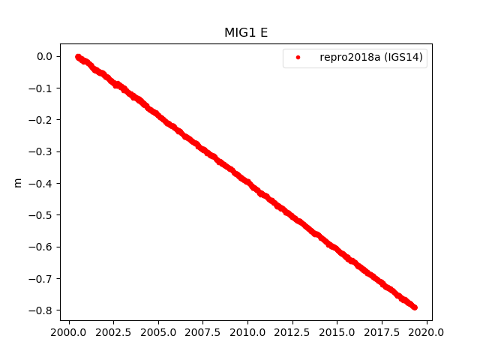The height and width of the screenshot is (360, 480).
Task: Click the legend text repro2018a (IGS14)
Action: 373,57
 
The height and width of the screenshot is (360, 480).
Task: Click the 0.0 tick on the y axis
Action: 43,56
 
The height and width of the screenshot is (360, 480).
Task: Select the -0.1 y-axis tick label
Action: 41,88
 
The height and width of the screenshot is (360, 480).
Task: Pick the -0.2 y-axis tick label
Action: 41,120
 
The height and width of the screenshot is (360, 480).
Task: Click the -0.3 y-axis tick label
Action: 41,151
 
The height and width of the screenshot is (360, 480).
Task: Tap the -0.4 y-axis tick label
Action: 41,183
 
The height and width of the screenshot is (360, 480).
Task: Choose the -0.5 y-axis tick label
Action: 41,215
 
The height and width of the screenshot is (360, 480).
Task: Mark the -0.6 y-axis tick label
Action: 41,247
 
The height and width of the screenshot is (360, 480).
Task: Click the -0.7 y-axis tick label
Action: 41,278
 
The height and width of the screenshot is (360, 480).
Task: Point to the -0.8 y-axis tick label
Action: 41,310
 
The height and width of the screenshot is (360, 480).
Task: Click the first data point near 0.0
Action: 78,56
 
